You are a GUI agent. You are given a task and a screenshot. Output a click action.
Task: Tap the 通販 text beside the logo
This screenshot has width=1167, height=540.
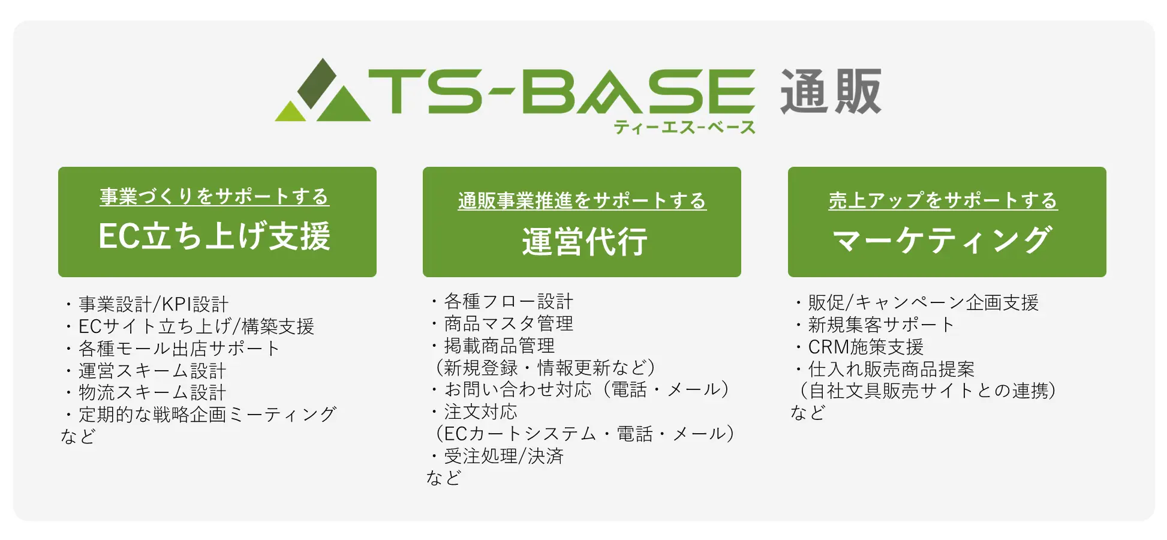tap(831, 91)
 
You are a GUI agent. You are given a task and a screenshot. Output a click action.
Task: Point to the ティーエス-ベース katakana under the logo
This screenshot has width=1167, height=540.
tap(684, 127)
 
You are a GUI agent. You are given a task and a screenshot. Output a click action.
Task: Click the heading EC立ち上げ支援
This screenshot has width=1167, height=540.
tap(215, 236)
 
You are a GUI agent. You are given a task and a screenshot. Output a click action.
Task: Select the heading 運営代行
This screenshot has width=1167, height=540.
tap(585, 242)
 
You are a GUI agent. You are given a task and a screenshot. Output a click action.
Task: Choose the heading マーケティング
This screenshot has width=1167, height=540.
tap(942, 240)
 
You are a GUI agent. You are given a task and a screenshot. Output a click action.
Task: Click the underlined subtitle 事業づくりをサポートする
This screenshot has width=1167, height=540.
tap(215, 196)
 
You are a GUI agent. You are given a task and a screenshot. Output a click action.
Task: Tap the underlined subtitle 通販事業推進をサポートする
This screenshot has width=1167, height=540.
tap(582, 200)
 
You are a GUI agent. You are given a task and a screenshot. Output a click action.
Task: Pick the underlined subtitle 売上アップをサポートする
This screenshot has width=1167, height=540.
tap(943, 200)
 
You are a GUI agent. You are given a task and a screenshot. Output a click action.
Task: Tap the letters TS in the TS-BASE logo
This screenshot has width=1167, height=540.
tap(426, 91)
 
